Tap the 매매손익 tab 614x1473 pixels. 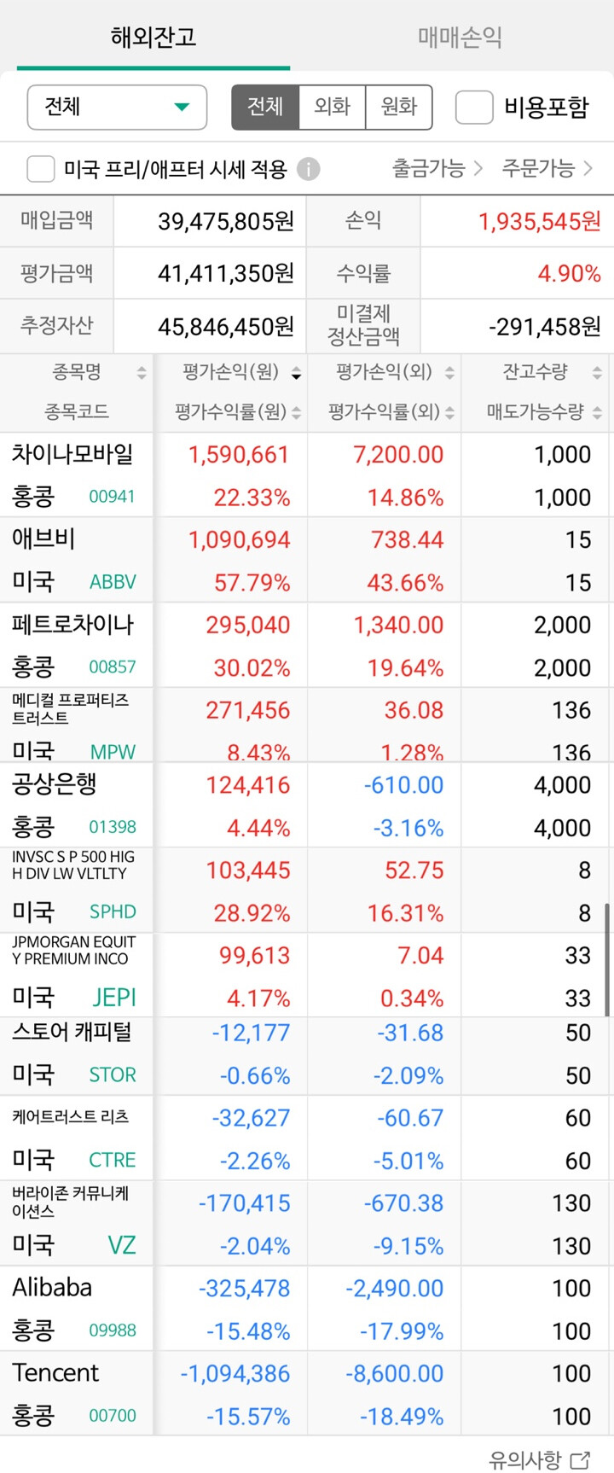tap(460, 37)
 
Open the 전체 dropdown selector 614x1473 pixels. tap(117, 108)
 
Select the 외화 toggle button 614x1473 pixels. tap(332, 107)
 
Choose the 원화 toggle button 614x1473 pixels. tap(398, 107)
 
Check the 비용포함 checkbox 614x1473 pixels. tap(474, 108)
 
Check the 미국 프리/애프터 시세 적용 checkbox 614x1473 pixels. tap(41, 169)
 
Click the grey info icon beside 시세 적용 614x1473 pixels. tap(309, 169)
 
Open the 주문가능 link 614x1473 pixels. tap(547, 168)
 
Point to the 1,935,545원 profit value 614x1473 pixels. tap(539, 222)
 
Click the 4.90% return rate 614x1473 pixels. tap(569, 274)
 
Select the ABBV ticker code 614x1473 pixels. tap(113, 582)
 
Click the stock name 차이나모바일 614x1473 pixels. tap(72, 454)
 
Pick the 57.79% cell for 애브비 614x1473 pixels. tap(252, 583)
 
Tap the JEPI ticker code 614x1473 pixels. tap(114, 997)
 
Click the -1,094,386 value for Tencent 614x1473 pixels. tap(235, 1374)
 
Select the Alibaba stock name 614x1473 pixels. tap(52, 1287)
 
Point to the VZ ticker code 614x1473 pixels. tap(121, 1245)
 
